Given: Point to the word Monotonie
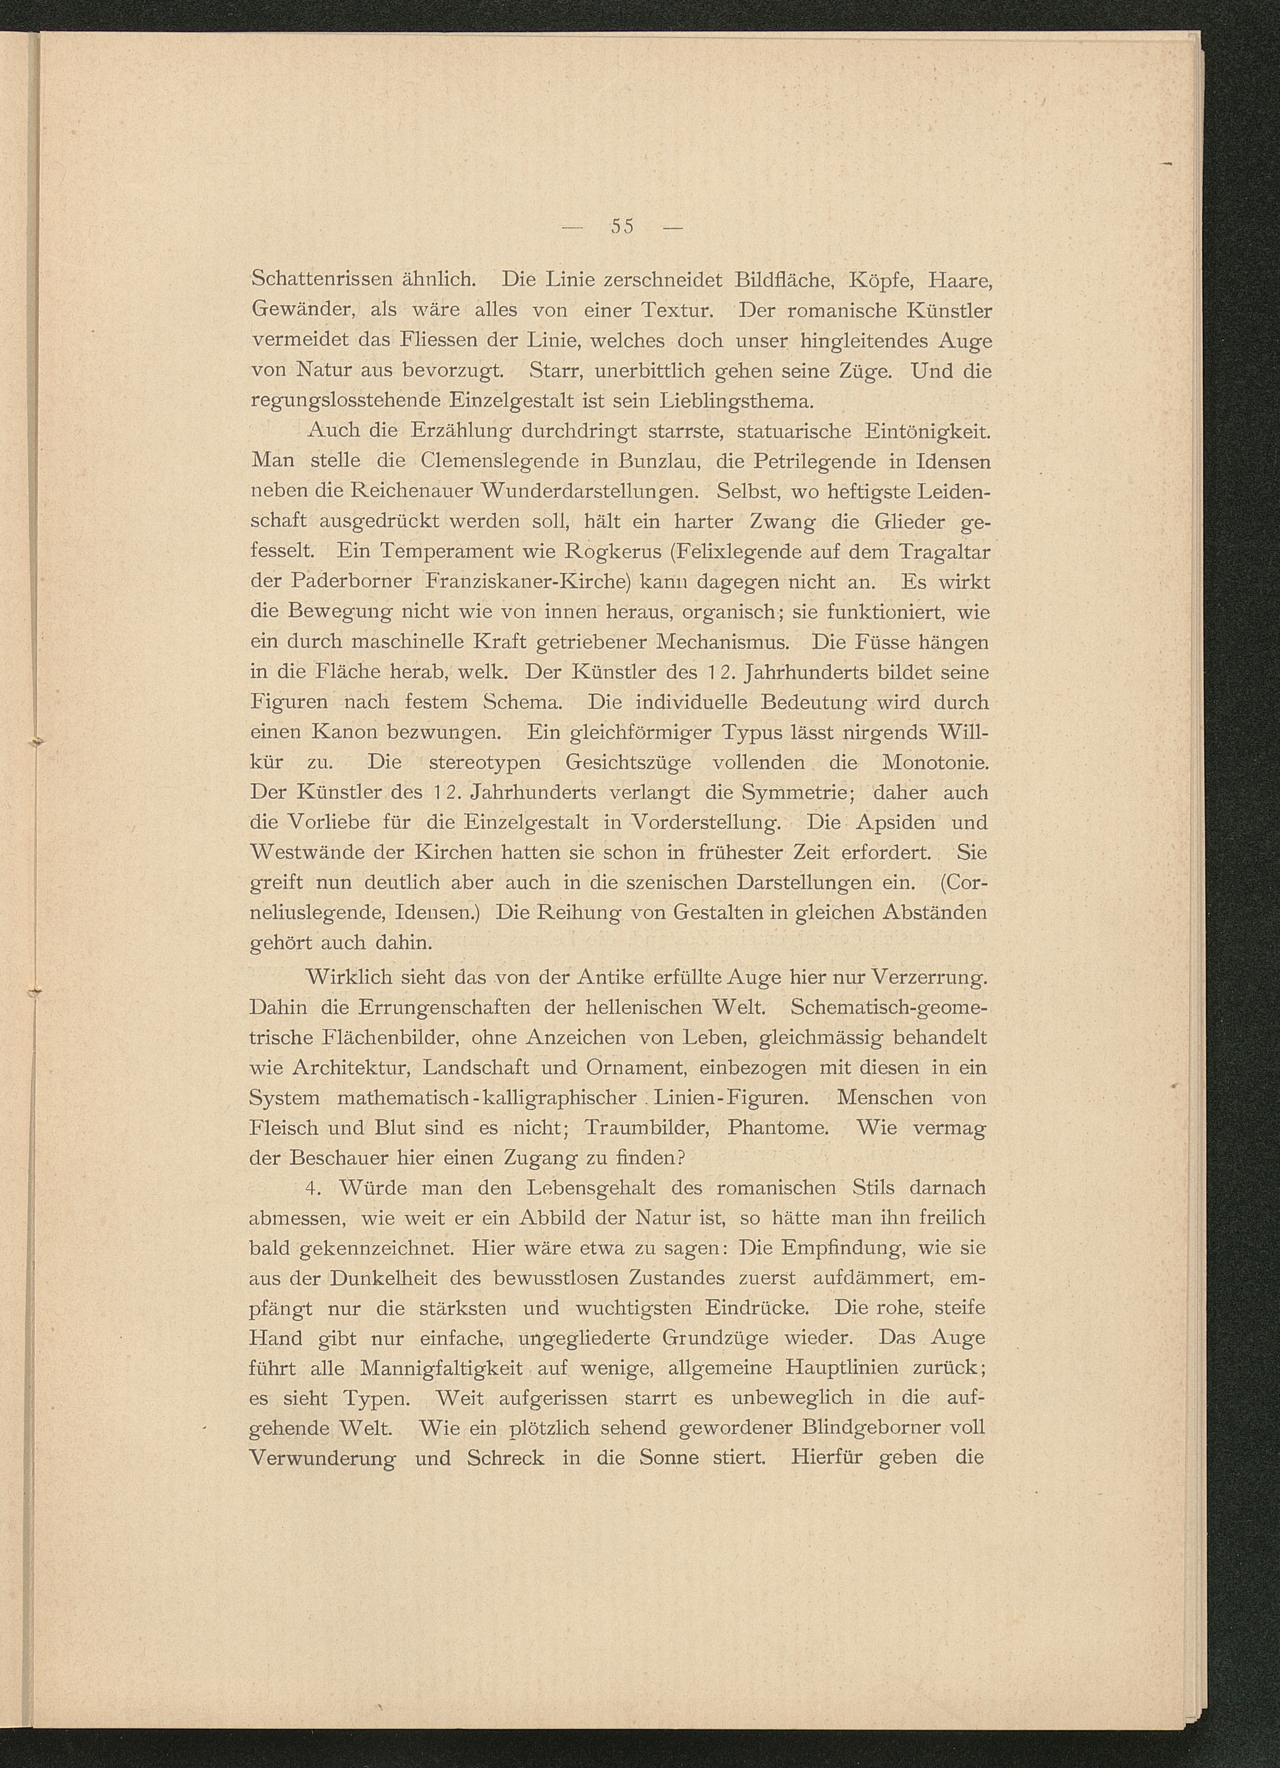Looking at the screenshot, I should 935,763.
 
